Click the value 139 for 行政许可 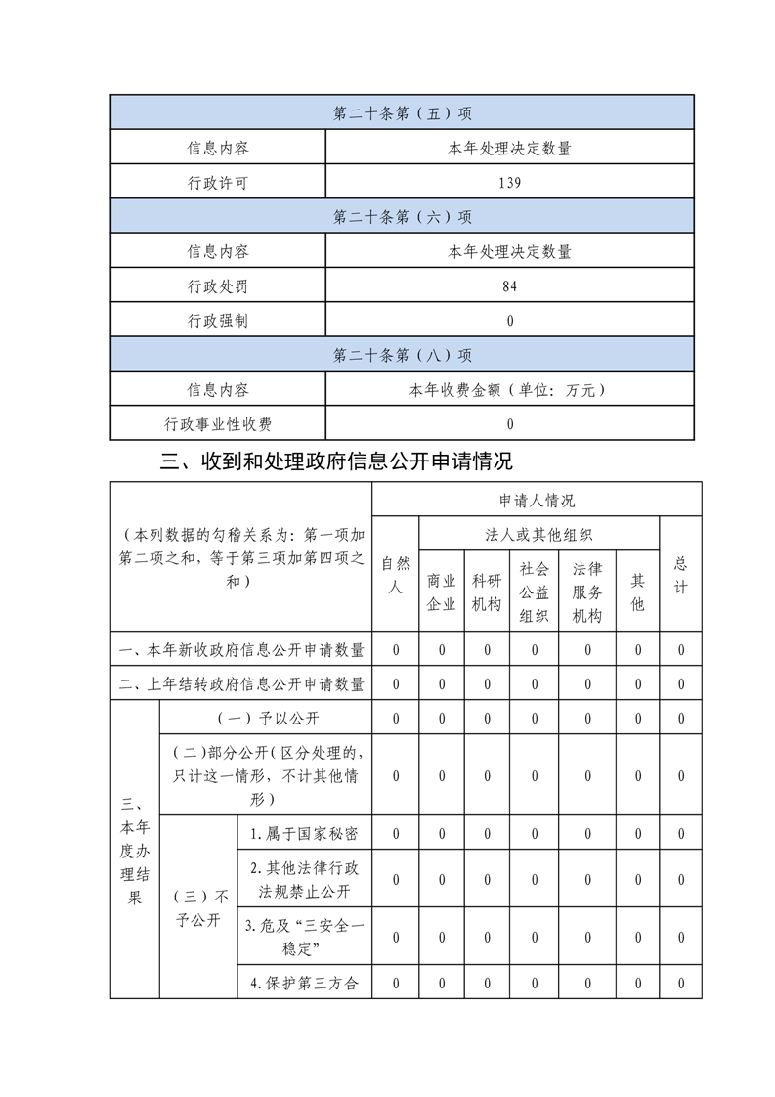click(x=509, y=183)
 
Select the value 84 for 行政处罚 click(x=509, y=286)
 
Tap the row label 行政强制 click(x=218, y=321)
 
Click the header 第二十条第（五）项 click(x=402, y=113)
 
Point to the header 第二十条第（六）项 click(x=402, y=217)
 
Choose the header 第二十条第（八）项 click(x=402, y=355)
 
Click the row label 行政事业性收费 click(x=218, y=424)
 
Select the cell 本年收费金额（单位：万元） click(x=509, y=390)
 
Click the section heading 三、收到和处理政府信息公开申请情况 click(x=336, y=461)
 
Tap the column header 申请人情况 click(x=537, y=500)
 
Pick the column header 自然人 click(x=396, y=575)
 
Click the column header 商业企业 click(x=442, y=592)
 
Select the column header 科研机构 click(x=487, y=592)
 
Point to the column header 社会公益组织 click(x=534, y=592)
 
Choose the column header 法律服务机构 click(x=587, y=592)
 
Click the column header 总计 click(x=681, y=575)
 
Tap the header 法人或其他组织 click(x=538, y=535)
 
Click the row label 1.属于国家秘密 click(x=304, y=834)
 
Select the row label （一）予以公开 click(x=267, y=719)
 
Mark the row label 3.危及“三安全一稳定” click(x=304, y=937)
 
